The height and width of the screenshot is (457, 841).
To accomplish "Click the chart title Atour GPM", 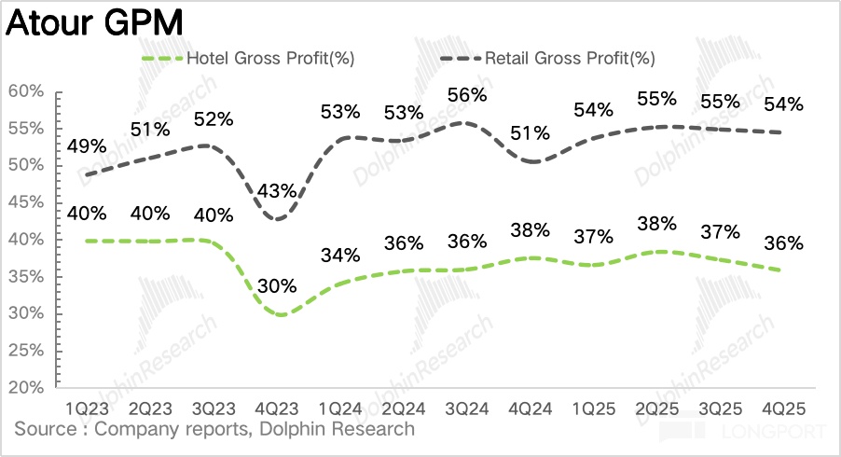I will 94,21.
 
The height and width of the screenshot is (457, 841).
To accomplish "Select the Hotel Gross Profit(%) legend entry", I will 269,58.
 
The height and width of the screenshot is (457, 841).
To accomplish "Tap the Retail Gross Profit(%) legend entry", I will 569,58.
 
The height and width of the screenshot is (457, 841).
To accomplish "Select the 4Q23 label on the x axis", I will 276,409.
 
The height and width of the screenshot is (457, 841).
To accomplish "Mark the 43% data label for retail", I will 276,190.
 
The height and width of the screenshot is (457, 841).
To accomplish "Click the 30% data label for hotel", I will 278,285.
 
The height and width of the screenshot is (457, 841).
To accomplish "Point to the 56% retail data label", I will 466,94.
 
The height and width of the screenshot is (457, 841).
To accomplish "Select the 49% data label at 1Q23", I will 87,145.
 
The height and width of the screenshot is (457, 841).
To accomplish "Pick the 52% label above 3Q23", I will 214,118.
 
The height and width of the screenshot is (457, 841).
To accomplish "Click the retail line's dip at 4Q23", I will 276,219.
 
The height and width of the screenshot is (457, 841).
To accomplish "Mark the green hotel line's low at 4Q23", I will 278,314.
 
